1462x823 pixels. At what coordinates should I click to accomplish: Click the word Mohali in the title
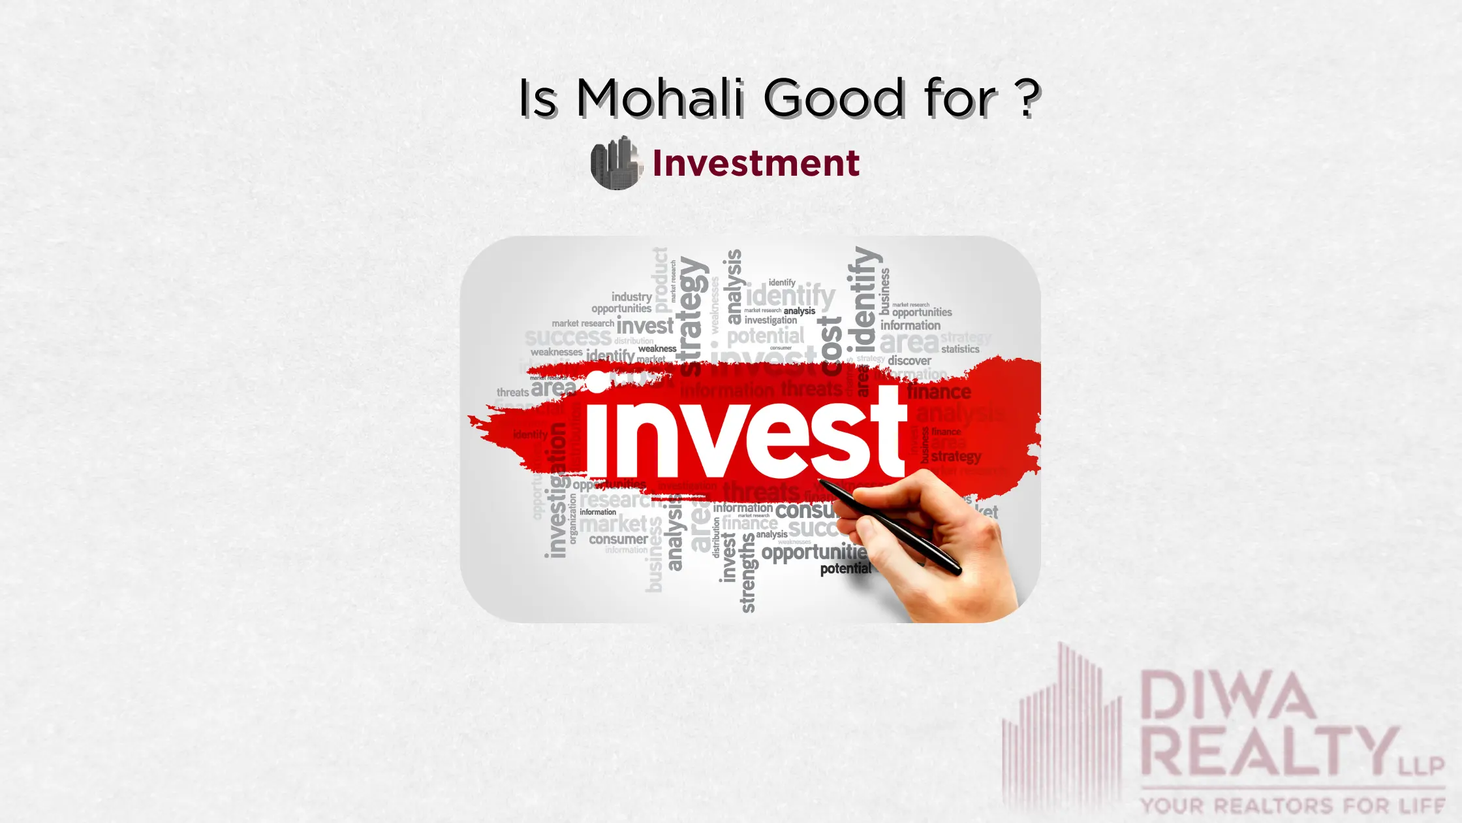point(660,98)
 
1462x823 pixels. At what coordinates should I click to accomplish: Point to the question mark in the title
point(1028,98)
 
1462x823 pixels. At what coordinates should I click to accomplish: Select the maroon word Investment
point(756,163)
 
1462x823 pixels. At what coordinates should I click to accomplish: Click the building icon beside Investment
point(615,163)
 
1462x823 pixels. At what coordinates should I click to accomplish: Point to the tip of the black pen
point(821,482)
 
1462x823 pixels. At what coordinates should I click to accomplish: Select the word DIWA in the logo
point(1227,696)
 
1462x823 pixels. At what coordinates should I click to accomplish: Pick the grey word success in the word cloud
point(568,338)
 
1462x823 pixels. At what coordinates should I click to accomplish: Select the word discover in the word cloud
point(909,361)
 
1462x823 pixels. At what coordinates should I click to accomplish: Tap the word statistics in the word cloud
point(960,349)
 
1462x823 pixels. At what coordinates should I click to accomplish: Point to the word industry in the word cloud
point(631,297)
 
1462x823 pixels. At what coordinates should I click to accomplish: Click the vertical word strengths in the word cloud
point(748,573)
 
